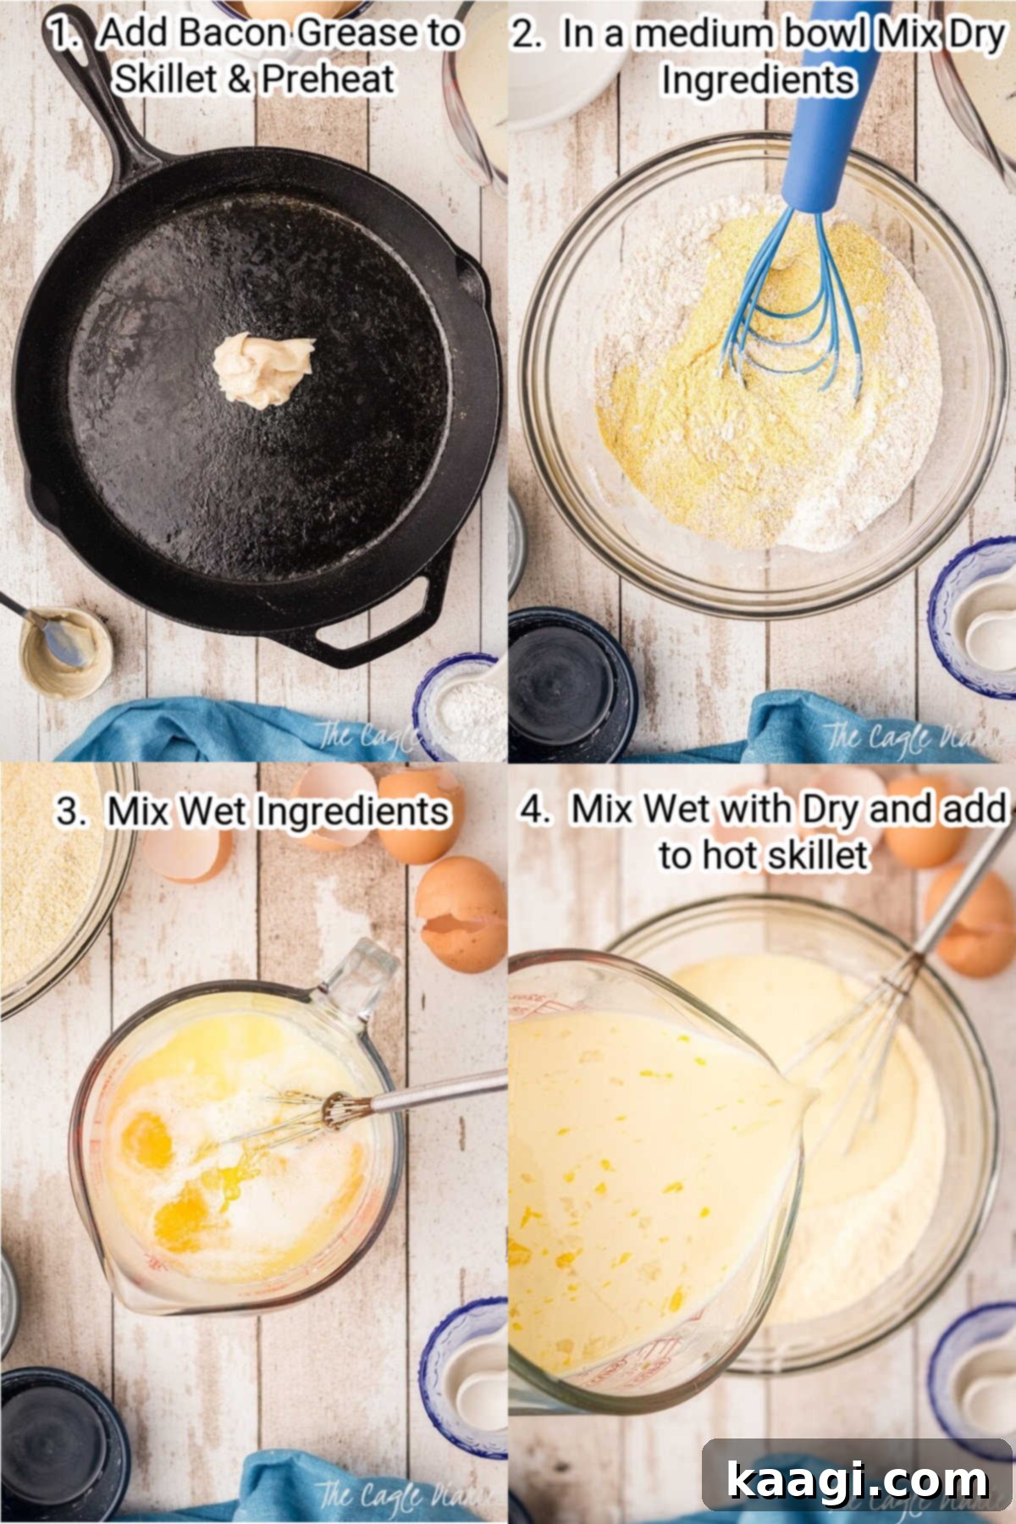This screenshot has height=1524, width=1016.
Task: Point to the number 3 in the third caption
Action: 69,811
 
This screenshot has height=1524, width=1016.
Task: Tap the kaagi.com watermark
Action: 857,1480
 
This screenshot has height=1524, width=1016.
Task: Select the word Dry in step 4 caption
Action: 830,809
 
